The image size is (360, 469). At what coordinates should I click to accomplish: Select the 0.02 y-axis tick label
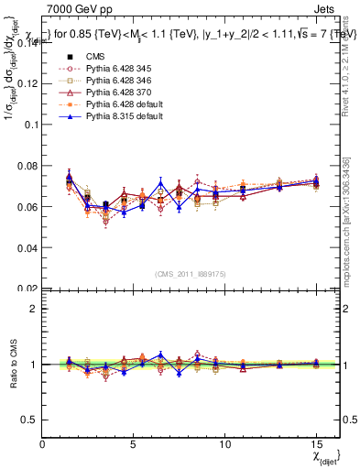(27, 288)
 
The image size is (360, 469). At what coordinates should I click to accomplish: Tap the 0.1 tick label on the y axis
(30, 124)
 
